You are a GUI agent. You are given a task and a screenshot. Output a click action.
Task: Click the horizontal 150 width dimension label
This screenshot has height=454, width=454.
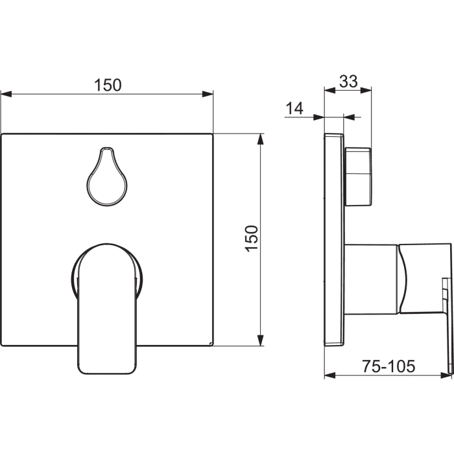pos(108,85)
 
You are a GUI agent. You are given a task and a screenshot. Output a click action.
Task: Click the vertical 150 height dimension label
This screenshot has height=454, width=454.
pos(252,239)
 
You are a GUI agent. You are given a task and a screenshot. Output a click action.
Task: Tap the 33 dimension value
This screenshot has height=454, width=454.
pos(349,81)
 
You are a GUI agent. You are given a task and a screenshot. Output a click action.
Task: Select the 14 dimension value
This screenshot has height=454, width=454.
pos(294,108)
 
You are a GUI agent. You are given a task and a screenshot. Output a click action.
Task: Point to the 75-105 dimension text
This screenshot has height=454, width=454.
pos(388,366)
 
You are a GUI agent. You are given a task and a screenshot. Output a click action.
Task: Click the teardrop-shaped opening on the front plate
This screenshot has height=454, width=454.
pos(107,176)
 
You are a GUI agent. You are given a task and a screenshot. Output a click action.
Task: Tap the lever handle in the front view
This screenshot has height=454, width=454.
pos(107,308)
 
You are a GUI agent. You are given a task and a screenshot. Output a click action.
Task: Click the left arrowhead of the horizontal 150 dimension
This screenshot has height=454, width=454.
pos(6,94)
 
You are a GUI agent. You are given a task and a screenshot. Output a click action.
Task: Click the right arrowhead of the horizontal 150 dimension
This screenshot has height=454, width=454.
pos(208,94)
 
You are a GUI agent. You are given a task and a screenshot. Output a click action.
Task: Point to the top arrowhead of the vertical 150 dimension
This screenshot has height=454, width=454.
pos(261,139)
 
